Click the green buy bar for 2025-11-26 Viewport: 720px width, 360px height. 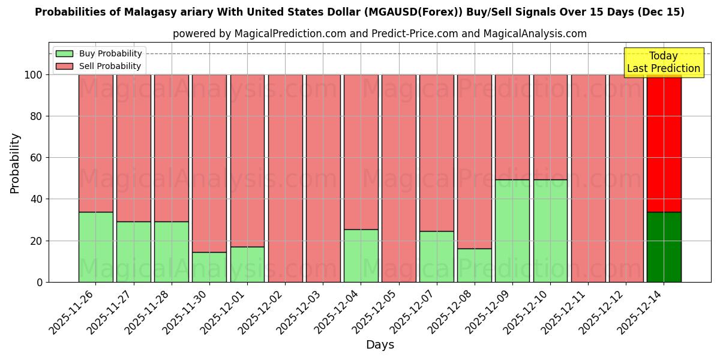tap(95, 247)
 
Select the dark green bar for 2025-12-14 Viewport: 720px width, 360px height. tap(664, 247)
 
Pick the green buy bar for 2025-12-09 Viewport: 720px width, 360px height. tap(512, 230)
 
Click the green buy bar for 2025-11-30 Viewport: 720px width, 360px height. tap(209, 267)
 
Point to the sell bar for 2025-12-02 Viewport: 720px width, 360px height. tap(285, 178)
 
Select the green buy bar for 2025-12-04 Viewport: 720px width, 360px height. tap(361, 256)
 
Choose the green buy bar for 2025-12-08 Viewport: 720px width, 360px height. tap(474, 265)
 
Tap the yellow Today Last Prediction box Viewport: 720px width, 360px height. tap(663, 62)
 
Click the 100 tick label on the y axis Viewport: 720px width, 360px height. tap(34, 75)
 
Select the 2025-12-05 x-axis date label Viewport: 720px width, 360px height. tap(377, 316)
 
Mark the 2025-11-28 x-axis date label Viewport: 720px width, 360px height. tap(149, 316)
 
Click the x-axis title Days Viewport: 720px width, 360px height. tap(380, 345)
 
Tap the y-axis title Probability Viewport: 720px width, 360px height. tap(15, 163)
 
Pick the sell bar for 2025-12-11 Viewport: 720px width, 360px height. tap(588, 178)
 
